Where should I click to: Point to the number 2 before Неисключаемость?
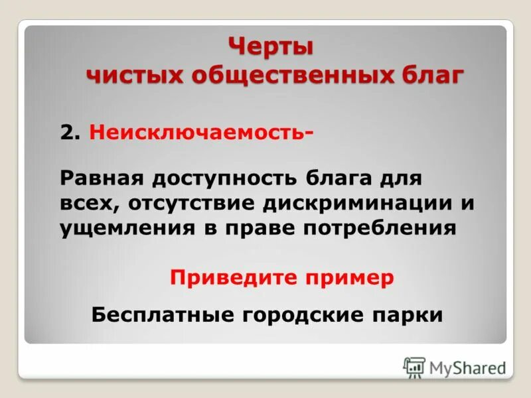pyautogui.click(x=68, y=133)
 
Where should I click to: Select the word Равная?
pyautogui.click(x=102, y=178)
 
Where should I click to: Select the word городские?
pyautogui.click(x=309, y=314)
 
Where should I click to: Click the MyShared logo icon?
pyautogui.click(x=414, y=366)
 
